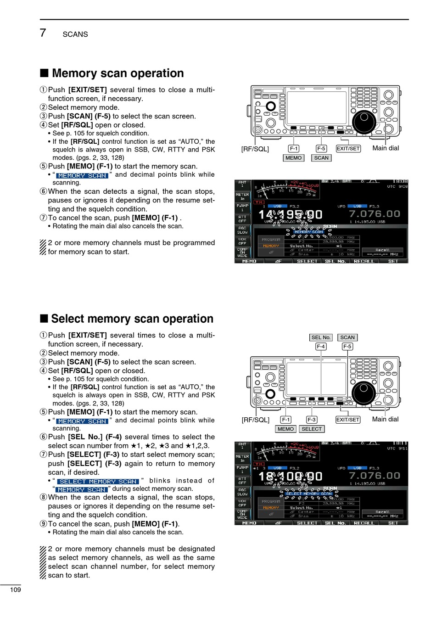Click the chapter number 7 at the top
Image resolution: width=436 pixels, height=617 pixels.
coord(43,33)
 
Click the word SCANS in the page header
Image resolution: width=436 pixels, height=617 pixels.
coord(75,34)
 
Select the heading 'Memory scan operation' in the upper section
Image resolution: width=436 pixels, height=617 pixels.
coord(117,73)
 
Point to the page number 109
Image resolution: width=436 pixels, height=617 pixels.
coord(16,590)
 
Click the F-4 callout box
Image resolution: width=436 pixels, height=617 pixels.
coord(321,347)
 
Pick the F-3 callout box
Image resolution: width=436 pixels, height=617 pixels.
coord(312,420)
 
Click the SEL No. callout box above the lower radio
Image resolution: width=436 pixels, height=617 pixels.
coord(321,337)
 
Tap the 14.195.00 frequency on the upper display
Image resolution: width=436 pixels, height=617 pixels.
coord(290,214)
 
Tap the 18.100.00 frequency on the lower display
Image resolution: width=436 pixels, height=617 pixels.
coord(290,477)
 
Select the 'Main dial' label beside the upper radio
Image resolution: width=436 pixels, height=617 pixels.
coord(386,148)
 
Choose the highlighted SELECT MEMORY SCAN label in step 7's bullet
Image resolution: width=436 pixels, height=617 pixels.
coord(98,482)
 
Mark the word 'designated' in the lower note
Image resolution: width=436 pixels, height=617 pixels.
coord(189,549)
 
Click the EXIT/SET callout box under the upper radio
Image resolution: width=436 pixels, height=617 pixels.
coord(348,149)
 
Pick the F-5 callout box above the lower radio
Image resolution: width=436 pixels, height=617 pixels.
coord(347,347)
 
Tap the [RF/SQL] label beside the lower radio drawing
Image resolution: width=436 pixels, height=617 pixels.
coord(255,420)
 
